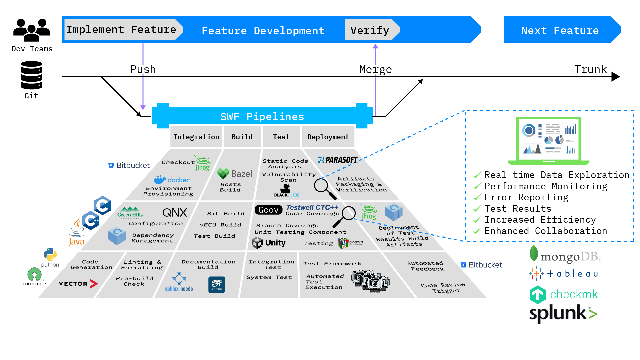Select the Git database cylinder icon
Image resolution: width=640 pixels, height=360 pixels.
point(31,75)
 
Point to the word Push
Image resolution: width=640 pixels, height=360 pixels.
point(143,69)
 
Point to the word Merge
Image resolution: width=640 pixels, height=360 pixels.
point(375,69)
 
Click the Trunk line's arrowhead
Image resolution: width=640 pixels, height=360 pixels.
point(616,77)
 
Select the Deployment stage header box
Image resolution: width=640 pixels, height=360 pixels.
point(328,137)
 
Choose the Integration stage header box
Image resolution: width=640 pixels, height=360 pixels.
point(196,137)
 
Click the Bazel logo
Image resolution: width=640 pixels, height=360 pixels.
point(235,174)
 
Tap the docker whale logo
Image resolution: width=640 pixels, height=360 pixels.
point(171,179)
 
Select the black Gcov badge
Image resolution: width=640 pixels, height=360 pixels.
point(268,210)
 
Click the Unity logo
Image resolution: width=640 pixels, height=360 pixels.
point(269,243)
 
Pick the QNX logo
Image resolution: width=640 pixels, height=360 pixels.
point(175,212)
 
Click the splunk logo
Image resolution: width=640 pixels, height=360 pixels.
point(563,314)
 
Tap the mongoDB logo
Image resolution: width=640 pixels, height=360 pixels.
point(565,255)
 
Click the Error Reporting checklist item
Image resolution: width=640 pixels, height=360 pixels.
point(526,197)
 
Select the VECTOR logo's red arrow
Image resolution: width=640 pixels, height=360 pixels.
point(94,284)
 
